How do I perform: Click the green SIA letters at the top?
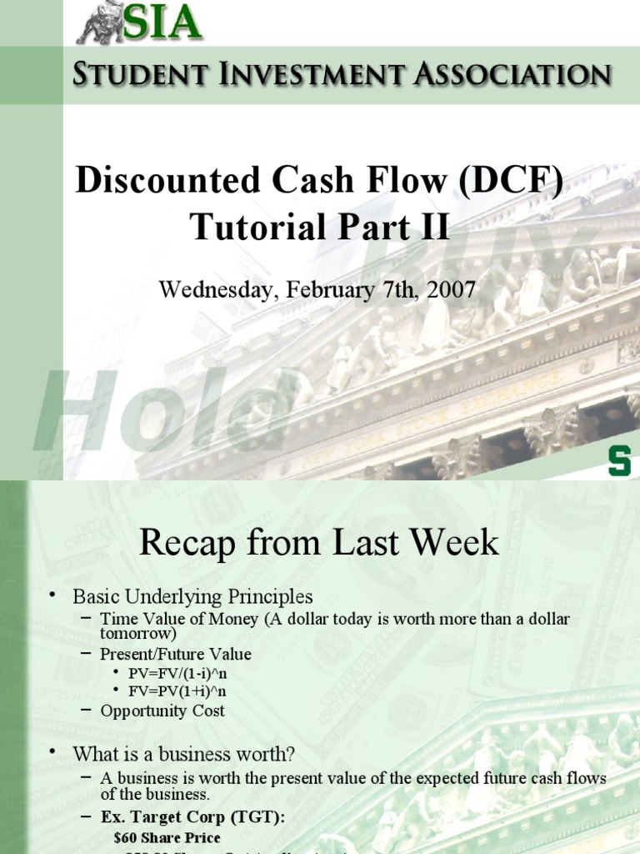tap(162, 22)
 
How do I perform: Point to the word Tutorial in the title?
tap(250, 226)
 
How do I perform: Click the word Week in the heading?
tap(457, 543)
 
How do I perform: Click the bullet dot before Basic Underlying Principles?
tap(52, 594)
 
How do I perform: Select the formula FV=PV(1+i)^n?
tap(175, 691)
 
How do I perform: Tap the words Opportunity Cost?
tap(162, 711)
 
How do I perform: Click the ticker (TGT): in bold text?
tap(252, 818)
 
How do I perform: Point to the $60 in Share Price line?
tap(124, 836)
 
